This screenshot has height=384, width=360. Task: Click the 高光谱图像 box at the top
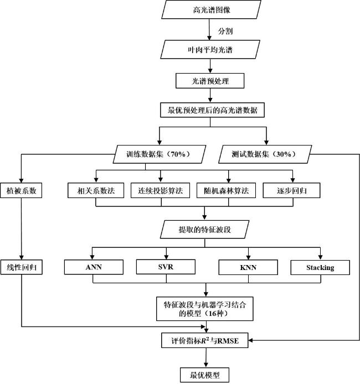click(211, 9)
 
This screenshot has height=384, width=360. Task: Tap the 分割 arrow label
click(225, 31)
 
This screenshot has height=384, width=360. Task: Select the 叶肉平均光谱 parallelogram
click(210, 50)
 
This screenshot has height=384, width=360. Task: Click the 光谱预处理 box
click(210, 81)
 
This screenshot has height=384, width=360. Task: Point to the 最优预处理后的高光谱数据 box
click(212, 110)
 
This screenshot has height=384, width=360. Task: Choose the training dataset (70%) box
click(160, 154)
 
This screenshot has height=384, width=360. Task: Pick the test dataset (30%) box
click(265, 154)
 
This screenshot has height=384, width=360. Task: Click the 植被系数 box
click(21, 190)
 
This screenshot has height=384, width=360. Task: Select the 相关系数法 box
click(96, 190)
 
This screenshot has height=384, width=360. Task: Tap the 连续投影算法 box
click(160, 190)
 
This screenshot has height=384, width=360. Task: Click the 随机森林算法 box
click(226, 190)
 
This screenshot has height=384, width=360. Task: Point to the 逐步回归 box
click(291, 190)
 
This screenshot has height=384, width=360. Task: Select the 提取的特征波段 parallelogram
click(204, 230)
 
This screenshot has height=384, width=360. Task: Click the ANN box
click(94, 267)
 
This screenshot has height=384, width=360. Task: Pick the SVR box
click(166, 267)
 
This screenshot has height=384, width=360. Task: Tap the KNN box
click(248, 267)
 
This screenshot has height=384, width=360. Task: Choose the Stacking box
click(320, 267)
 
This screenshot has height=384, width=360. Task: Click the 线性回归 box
click(21, 267)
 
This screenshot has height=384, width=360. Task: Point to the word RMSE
click(228, 341)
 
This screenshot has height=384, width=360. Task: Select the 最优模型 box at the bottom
click(204, 375)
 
